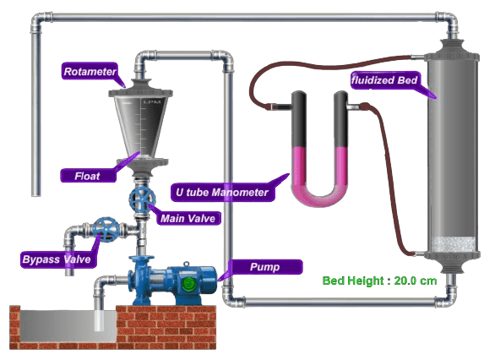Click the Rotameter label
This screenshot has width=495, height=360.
tap(90, 71)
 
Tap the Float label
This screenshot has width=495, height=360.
tap(88, 176)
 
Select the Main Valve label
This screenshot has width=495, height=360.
tap(188, 218)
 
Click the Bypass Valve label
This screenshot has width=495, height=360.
tap(57, 259)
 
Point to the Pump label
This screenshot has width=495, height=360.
tap(264, 267)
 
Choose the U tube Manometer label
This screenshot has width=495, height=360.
tap(222, 192)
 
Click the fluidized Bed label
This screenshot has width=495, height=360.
tap(384, 80)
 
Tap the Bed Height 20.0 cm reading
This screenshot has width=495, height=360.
tap(379, 281)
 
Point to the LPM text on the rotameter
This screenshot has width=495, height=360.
tap(152, 101)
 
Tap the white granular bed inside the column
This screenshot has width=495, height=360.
tap(453, 244)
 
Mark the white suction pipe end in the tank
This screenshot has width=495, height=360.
tap(99, 319)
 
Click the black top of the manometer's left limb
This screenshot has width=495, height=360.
tap(298, 119)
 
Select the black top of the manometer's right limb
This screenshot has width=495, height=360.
tap(340, 119)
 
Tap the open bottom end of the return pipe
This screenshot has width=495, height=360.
tap(36, 195)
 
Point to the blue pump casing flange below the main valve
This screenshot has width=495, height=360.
tap(141, 259)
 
